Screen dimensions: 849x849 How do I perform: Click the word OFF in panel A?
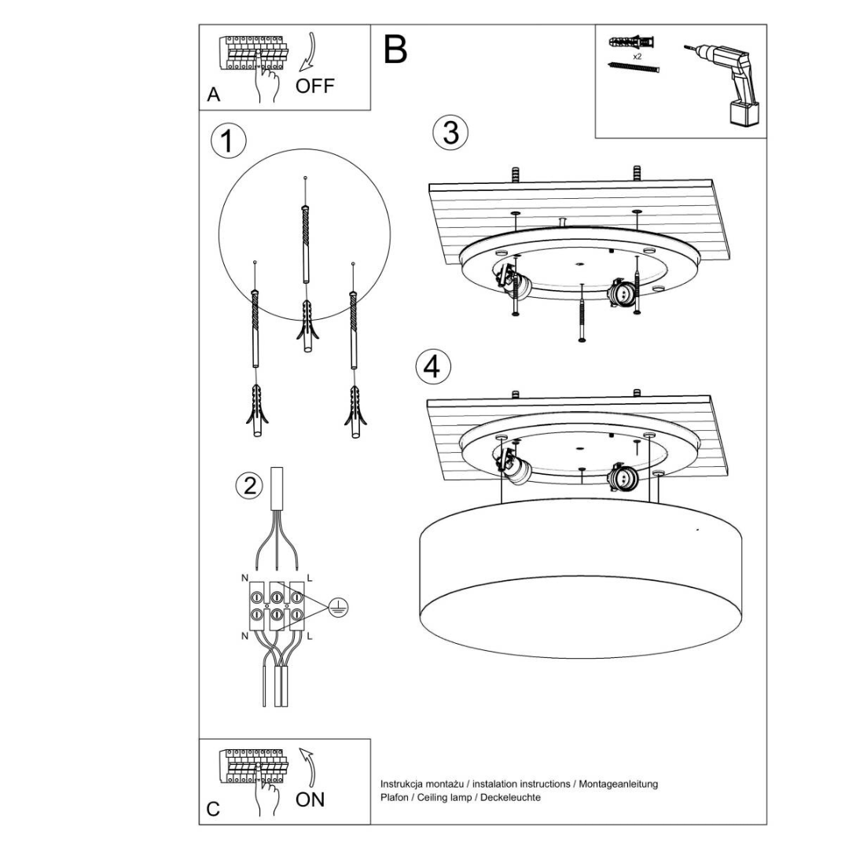tap(314, 86)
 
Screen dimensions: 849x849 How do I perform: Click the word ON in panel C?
tap(310, 799)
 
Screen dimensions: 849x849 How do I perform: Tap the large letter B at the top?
tap(395, 50)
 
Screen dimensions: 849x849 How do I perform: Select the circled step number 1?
tap(228, 142)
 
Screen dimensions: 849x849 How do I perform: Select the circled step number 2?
tap(249, 486)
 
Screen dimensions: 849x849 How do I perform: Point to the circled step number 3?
tap(450, 133)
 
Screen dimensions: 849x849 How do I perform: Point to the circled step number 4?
tap(432, 366)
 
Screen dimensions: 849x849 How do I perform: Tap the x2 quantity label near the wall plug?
tap(637, 57)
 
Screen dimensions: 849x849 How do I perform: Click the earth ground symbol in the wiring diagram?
tap(338, 606)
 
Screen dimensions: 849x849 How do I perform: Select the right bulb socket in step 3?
tap(622, 293)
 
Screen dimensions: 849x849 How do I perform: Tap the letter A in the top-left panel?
tap(213, 95)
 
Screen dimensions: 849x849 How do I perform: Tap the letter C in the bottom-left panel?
tap(213, 809)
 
